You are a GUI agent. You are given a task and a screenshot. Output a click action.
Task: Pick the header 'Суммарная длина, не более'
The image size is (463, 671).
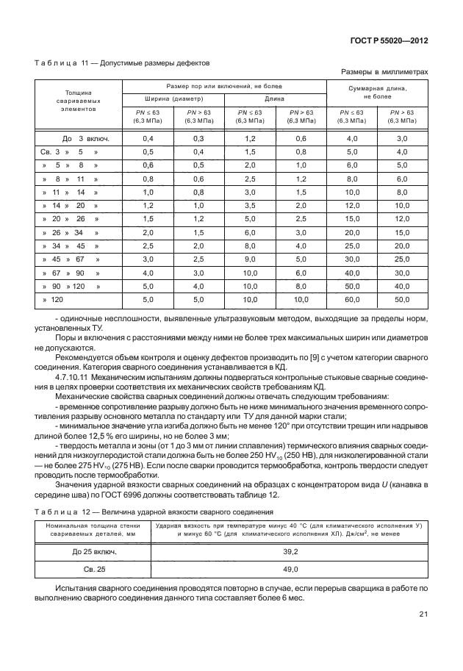point(377,92)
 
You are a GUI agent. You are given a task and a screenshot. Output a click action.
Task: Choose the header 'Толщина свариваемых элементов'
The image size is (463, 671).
point(78,101)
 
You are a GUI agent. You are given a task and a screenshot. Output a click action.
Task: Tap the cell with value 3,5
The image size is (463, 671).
point(250,205)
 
